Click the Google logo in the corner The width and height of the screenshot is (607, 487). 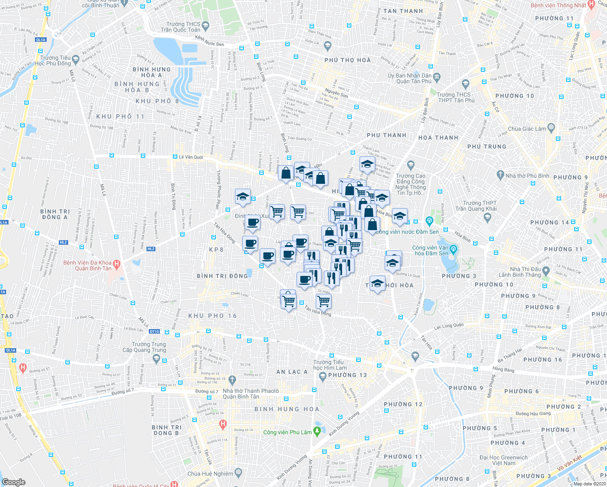click(x=14, y=482)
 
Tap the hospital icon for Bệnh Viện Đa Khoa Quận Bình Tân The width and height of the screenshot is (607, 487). click(x=116, y=265)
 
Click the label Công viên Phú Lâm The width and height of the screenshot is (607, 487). click(x=287, y=432)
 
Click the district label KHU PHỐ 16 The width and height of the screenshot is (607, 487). click(x=212, y=316)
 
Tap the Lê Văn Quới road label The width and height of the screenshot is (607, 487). click(x=191, y=157)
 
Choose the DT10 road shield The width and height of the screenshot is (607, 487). click(x=154, y=332)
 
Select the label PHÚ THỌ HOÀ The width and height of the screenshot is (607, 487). click(x=348, y=60)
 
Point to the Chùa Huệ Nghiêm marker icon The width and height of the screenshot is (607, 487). click(x=238, y=473)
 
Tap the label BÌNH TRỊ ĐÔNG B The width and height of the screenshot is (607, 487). click(x=166, y=430)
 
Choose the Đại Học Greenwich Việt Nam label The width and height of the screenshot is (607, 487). click(x=504, y=460)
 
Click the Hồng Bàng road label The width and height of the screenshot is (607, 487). click(x=503, y=369)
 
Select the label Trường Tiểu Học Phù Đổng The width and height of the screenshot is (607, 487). click(x=52, y=60)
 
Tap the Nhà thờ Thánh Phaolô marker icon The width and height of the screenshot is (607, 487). click(x=232, y=380)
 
